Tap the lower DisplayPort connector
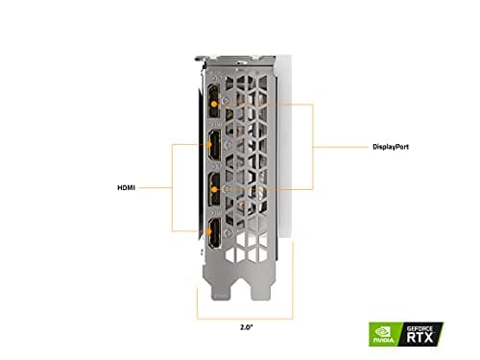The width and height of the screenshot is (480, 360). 210,187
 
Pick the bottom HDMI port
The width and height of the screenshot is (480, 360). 210,229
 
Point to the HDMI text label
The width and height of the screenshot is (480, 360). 126,188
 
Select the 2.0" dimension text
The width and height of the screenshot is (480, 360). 246,327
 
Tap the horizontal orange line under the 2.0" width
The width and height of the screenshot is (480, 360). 246,316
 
